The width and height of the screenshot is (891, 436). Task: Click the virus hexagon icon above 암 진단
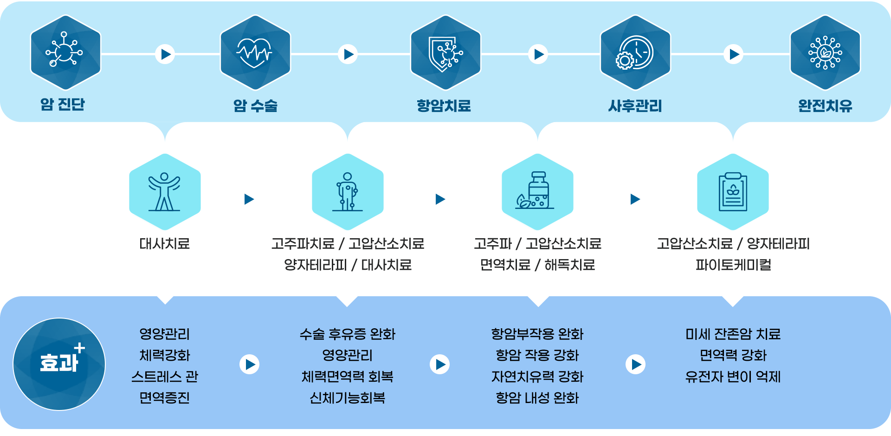65,52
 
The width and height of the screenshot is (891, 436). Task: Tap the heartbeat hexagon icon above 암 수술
255,52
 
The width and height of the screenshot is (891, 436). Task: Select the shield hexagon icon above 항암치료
445,52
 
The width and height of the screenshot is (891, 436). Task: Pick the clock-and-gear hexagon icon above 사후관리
635,52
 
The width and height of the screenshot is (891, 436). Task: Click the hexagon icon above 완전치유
825,52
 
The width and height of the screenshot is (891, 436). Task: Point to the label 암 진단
63,104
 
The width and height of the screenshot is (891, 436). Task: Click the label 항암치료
444,106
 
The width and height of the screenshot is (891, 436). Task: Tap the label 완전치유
825,106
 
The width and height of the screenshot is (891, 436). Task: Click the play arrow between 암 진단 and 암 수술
165,54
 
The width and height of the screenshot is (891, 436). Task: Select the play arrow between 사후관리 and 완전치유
733,54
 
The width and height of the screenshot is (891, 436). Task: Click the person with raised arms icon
165,192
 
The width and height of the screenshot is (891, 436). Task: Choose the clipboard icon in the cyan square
733,192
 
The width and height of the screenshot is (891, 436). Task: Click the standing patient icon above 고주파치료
347,192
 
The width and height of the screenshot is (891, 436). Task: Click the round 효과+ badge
59,364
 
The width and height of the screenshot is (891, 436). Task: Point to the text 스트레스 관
165,377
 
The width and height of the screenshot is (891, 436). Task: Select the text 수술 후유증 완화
347,334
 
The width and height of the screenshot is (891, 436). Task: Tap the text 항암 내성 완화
537,398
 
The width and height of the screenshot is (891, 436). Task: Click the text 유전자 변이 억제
733,377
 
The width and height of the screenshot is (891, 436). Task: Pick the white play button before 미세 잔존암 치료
635,364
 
